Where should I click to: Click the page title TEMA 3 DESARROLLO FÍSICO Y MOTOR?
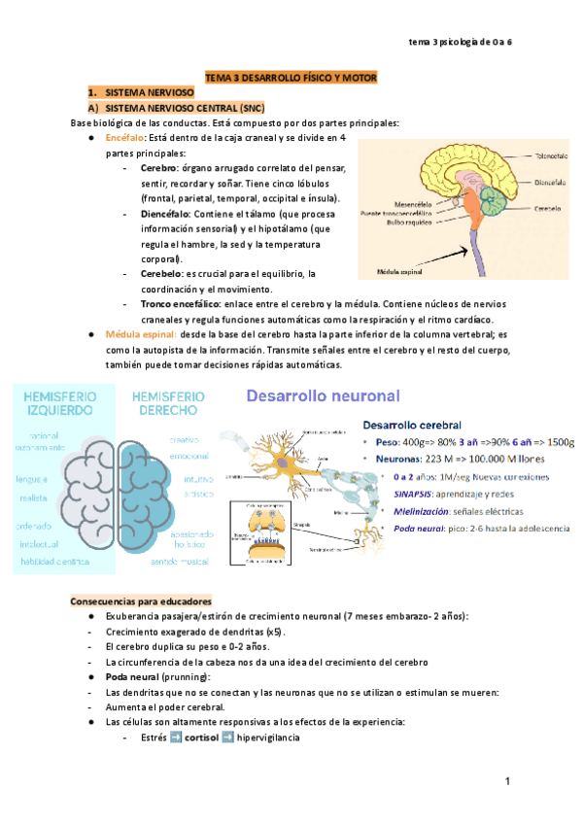tap(291, 76)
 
